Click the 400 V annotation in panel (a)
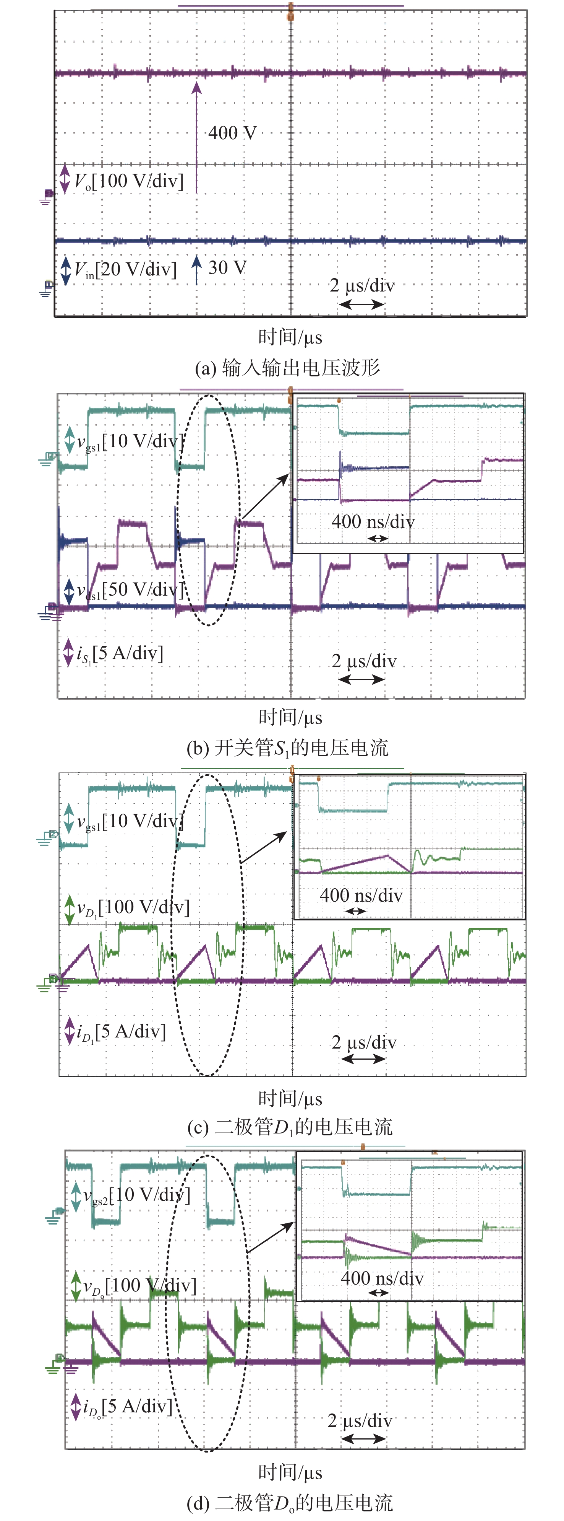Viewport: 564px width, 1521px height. [232, 133]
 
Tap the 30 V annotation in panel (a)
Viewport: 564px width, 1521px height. [227, 268]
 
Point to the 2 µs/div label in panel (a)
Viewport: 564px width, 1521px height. [361, 286]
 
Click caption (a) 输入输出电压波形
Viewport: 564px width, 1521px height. [287, 368]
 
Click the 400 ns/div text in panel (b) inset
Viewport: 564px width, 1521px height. [373, 522]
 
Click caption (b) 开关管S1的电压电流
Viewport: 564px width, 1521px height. [287, 748]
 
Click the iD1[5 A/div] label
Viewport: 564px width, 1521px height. [122, 1031]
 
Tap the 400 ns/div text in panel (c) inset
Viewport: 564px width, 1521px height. [361, 896]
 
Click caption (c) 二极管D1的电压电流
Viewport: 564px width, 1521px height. [290, 1127]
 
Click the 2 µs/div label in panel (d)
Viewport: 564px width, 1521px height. [360, 1421]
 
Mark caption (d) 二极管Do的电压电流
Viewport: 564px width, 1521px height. [290, 1503]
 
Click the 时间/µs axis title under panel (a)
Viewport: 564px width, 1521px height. [290, 337]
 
